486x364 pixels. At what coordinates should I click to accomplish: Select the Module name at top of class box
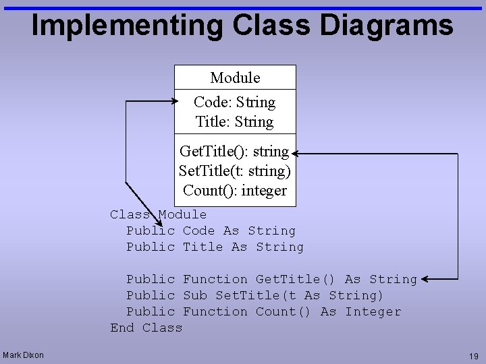pos(235,78)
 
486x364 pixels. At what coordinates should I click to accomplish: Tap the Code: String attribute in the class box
pos(234,102)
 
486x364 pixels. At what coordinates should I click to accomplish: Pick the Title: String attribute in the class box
pos(234,122)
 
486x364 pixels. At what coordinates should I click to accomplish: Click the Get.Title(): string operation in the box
pos(234,151)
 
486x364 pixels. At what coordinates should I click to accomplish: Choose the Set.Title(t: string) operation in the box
pos(234,171)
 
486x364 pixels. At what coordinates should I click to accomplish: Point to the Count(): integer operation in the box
pos(234,190)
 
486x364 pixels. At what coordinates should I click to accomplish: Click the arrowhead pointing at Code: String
pos(169,102)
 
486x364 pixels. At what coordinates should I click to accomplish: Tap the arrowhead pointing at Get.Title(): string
pos(296,154)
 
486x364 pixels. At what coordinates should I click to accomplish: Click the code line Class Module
pos(159,214)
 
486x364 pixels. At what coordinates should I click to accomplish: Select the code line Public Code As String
pos(211,231)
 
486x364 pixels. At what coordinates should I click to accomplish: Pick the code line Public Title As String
pos(215,247)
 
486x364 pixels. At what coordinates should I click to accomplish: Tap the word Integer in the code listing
pos(373,311)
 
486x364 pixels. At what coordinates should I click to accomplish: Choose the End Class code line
pos(146,328)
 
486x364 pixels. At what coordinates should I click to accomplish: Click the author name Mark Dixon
pos(23,355)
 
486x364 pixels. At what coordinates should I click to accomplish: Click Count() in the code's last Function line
pos(283,311)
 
